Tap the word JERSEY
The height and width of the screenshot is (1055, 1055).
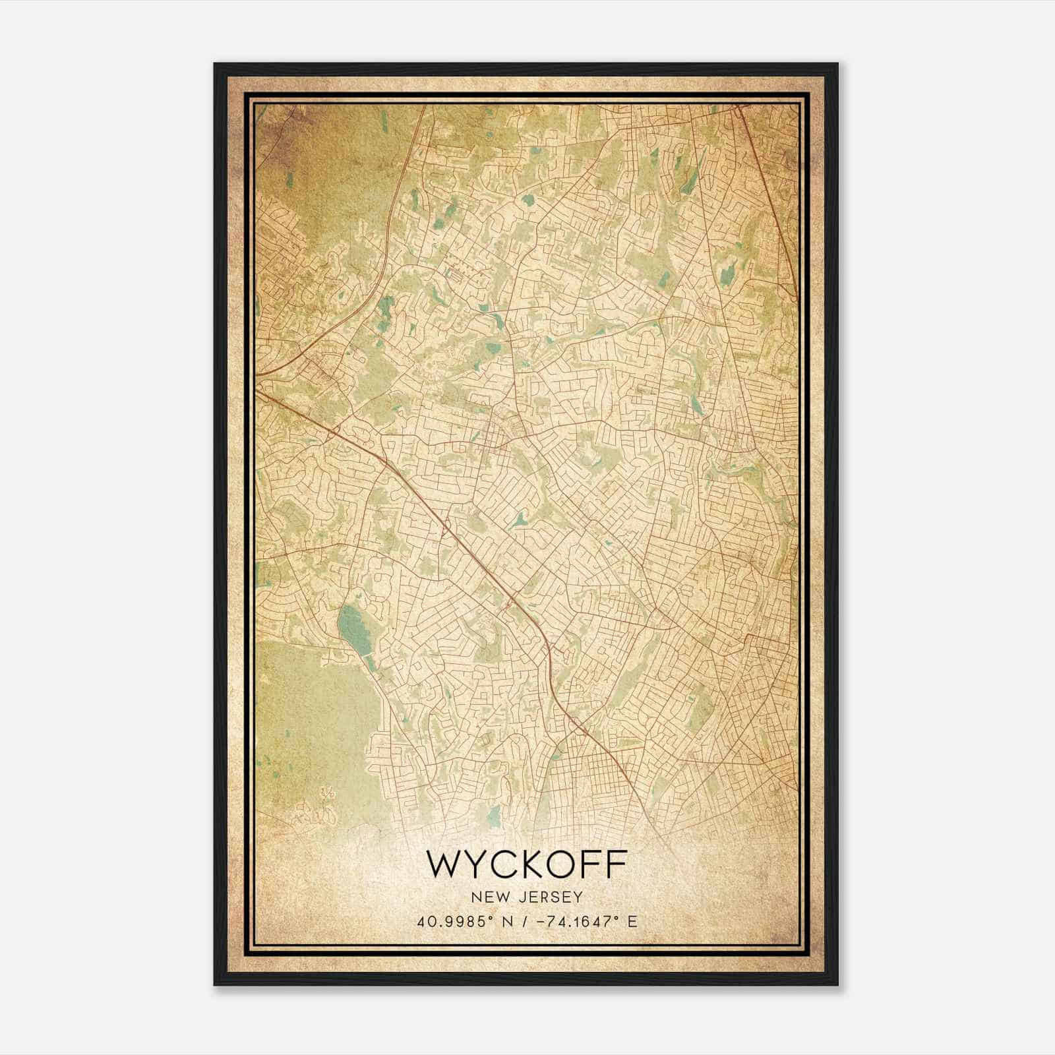click(550, 897)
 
